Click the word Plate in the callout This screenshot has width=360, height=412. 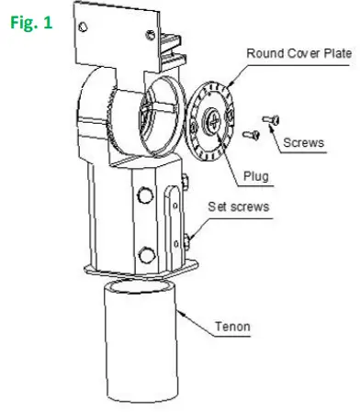pyautogui.click(x=333, y=52)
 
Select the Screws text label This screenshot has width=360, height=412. pyautogui.click(x=304, y=143)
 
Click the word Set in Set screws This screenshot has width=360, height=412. pyautogui.click(x=219, y=207)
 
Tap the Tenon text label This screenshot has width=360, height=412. pyautogui.click(x=231, y=326)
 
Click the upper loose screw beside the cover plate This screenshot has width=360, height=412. pyautogui.click(x=269, y=118)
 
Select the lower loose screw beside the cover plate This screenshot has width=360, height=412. pyautogui.click(x=251, y=136)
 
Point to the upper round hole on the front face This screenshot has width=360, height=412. pyautogui.click(x=143, y=195)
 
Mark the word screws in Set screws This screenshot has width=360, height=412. pyautogui.click(x=250, y=207)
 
